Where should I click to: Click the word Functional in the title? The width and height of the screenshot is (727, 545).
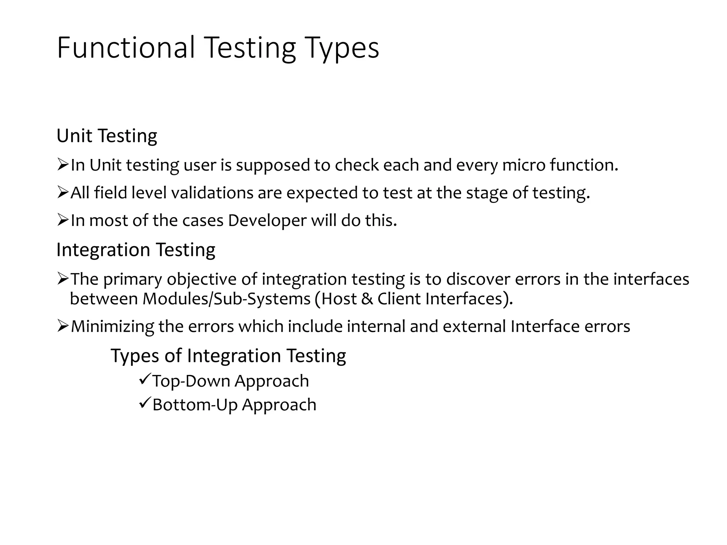pos(126,48)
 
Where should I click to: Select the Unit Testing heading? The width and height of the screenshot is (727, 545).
pos(106,136)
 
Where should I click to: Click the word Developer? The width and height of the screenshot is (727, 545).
pos(267,221)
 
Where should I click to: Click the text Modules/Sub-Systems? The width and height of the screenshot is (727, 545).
pos(226,299)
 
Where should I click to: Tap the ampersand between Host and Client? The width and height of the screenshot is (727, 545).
pos(367,299)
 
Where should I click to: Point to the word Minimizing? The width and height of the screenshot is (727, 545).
pos(113,326)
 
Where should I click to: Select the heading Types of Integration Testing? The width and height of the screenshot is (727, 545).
pos(228,356)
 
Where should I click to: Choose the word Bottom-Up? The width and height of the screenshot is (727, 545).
pos(195,405)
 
